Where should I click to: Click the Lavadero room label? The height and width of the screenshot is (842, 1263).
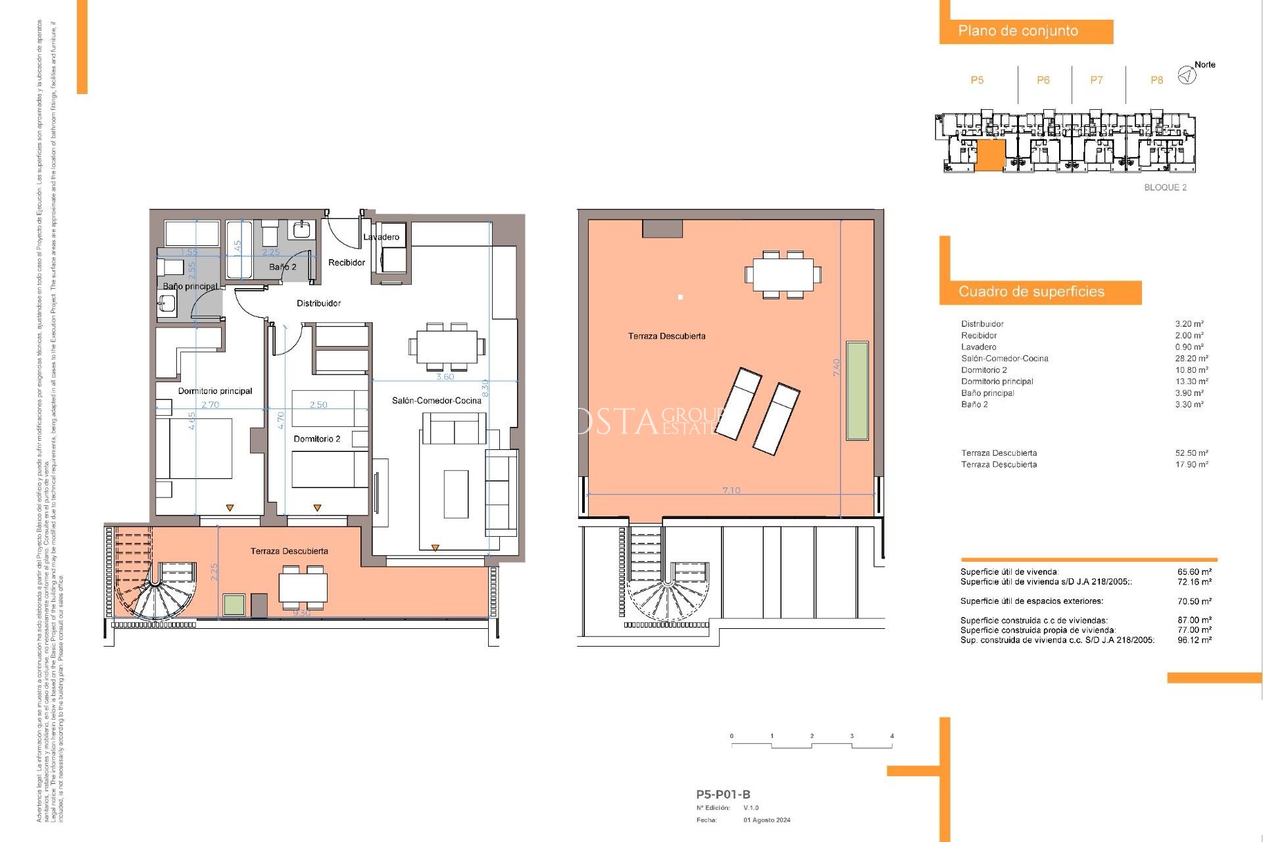click(x=381, y=237)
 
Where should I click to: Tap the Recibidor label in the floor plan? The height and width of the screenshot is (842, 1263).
click(x=347, y=262)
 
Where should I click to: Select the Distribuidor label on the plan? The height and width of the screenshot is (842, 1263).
click(x=318, y=303)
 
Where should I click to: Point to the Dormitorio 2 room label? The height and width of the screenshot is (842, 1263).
click(x=316, y=439)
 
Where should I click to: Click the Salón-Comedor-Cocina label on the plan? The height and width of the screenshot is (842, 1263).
click(x=436, y=401)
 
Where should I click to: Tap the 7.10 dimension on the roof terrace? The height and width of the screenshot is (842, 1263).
click(x=731, y=491)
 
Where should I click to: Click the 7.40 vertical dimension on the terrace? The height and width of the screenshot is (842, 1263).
click(x=837, y=367)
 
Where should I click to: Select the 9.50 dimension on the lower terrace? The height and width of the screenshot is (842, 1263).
click(x=301, y=613)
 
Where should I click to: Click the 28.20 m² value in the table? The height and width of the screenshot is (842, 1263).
click(x=1191, y=359)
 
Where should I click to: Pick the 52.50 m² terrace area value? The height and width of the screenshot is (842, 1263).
click(x=1191, y=453)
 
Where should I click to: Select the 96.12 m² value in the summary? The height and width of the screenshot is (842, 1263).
click(x=1194, y=640)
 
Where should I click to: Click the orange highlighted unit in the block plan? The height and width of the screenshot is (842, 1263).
click(x=990, y=156)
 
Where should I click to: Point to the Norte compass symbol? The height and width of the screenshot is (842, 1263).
click(x=1187, y=76)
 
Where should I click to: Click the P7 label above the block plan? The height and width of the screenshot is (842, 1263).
click(x=1096, y=80)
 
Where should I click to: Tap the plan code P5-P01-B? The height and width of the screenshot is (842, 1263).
click(x=723, y=795)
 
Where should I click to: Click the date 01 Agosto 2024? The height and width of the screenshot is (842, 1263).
click(x=766, y=820)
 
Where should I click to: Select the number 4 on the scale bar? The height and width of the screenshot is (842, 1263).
click(x=891, y=736)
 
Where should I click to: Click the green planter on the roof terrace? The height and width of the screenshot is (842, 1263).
click(x=857, y=390)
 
